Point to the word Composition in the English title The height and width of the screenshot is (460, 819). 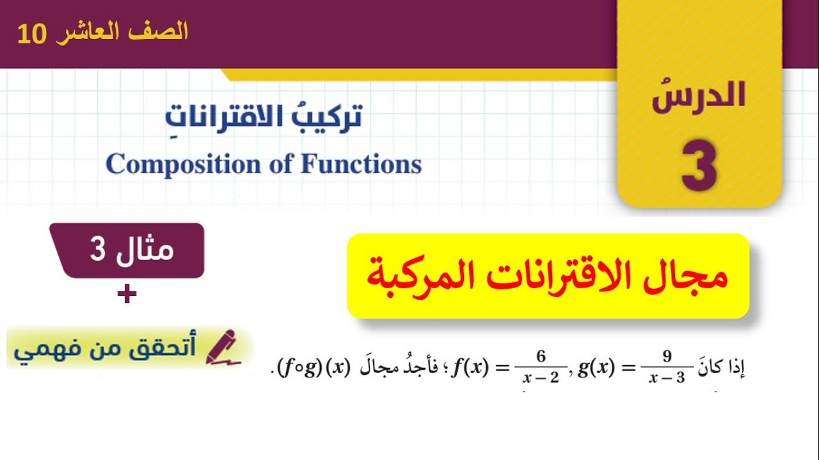coord(184,164)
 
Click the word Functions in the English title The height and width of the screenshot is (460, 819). coord(362,164)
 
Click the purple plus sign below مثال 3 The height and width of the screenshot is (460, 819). coord(127,295)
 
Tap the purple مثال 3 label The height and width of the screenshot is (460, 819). coord(131,250)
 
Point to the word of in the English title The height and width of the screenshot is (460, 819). coord(281,164)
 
